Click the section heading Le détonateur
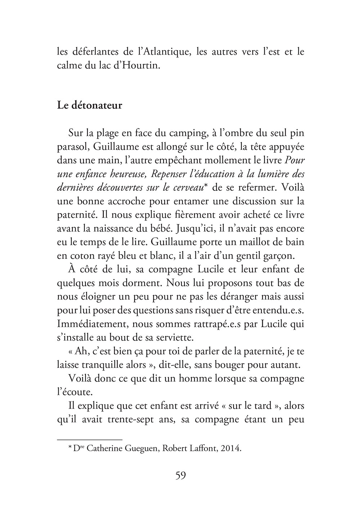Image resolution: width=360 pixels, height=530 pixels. [x=90, y=106]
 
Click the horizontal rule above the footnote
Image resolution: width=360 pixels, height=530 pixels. [x=90, y=439]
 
